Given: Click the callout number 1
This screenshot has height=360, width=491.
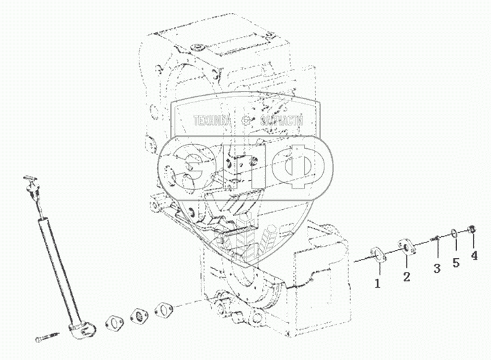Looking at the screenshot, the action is (x=376, y=282).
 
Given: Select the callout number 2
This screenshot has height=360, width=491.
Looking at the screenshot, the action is (x=406, y=277).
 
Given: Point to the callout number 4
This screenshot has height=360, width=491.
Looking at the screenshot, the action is (x=473, y=257).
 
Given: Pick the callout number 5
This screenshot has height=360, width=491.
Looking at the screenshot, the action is (x=455, y=264).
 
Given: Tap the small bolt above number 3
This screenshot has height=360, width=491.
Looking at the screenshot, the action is (x=434, y=239).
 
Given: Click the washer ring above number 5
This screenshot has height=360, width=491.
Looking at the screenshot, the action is (x=455, y=234).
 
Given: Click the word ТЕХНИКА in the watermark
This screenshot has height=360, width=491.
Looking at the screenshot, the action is (x=214, y=122).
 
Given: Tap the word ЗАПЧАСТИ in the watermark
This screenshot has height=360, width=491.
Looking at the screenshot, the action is (x=281, y=122).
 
